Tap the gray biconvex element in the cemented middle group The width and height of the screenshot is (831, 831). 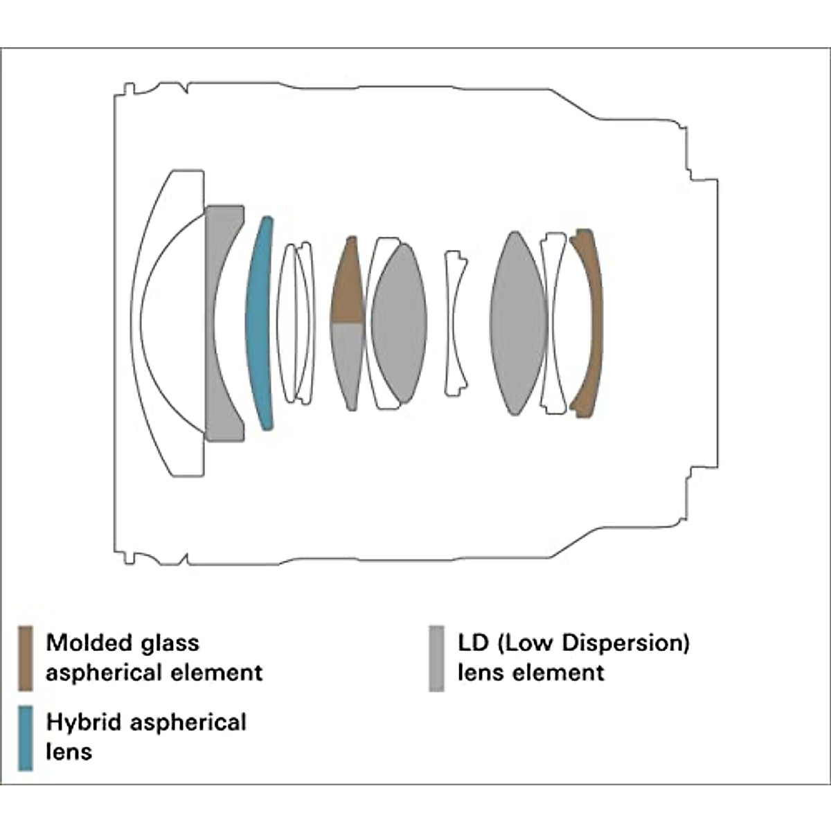400,323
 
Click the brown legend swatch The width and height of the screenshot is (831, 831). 26,658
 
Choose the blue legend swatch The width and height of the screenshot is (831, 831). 26,738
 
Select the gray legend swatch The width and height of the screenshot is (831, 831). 436,658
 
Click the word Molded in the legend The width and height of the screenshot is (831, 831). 87,643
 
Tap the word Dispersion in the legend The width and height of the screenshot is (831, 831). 624,643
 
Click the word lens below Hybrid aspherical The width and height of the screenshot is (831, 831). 69,751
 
